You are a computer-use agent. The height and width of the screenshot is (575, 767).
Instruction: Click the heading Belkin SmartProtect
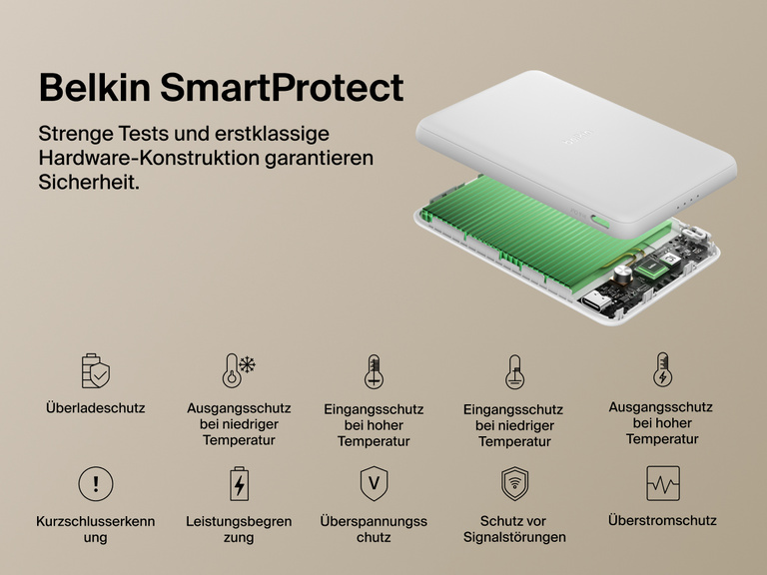221,87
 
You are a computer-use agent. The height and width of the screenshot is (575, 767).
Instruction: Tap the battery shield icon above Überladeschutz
96,370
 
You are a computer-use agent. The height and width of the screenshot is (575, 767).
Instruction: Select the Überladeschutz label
96,408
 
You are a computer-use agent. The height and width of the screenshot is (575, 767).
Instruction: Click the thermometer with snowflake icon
239,370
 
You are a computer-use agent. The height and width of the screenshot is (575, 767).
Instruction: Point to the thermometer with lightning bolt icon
662,368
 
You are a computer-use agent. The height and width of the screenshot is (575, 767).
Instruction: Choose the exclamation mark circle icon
96,484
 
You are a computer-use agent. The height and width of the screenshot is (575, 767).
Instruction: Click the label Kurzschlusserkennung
96,529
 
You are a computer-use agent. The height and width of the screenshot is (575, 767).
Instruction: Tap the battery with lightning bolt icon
239,484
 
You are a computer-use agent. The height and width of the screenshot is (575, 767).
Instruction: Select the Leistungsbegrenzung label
239,529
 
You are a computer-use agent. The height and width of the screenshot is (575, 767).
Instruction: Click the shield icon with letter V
374,484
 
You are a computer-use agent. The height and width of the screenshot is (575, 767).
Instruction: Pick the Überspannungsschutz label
374,529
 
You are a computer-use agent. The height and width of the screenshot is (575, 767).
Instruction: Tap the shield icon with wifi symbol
514,484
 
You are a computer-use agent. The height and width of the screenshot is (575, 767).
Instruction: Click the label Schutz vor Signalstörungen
514,529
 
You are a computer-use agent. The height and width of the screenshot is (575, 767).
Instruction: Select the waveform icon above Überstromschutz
662,484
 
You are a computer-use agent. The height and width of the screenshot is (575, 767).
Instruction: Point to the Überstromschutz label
662,520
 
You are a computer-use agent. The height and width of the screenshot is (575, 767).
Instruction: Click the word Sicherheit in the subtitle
89,184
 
